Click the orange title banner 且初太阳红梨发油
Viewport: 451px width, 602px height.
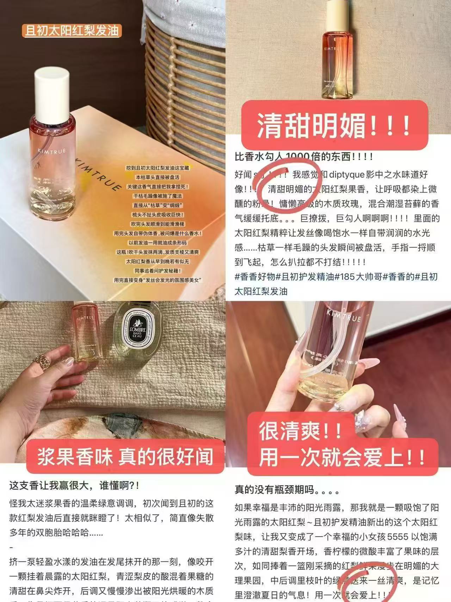click(72, 31)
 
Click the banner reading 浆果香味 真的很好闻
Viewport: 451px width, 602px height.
click(125, 456)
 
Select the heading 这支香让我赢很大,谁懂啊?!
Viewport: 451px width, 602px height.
click(74, 486)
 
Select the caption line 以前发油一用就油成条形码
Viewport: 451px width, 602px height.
click(157, 243)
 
